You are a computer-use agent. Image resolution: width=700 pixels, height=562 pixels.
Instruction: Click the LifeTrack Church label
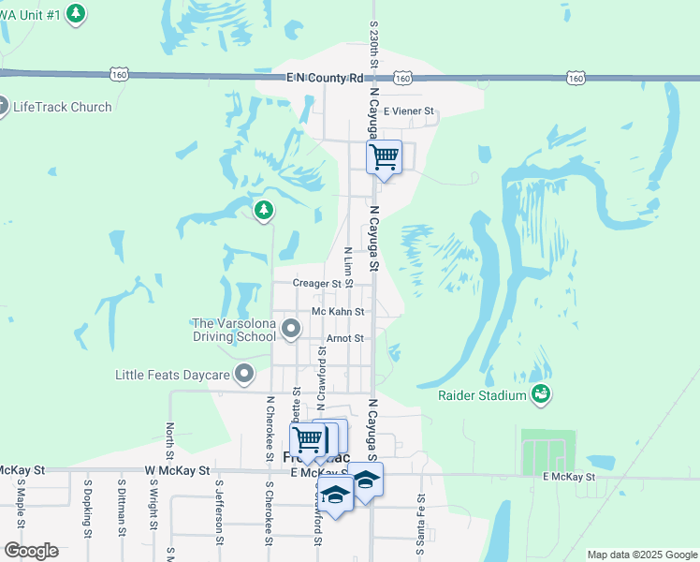[62, 107]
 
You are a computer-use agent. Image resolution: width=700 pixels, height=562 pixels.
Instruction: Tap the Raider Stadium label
[482, 395]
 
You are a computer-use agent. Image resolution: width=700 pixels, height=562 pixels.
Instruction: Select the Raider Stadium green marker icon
[540, 395]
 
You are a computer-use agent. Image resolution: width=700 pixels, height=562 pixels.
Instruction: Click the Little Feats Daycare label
[172, 375]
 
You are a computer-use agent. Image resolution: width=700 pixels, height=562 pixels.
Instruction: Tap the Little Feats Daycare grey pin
[245, 375]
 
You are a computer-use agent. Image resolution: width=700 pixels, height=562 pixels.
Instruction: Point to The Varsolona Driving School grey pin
[291, 329]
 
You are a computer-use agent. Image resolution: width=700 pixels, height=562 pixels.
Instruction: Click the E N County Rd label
[325, 79]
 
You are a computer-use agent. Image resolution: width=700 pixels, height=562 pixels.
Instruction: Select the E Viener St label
[409, 111]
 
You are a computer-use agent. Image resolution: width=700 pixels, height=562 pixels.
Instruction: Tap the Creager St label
[316, 283]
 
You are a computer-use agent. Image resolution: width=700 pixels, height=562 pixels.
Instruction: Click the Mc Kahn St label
[338, 312]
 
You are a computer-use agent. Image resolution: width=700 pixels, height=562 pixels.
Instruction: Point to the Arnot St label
[344, 338]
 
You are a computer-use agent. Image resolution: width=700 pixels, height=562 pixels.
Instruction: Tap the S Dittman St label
[122, 509]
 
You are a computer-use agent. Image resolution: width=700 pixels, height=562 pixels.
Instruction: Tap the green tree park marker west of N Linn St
[264, 210]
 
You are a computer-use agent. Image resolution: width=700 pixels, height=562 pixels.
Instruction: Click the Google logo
[31, 551]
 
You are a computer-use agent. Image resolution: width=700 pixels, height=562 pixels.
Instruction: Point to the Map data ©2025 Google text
[641, 555]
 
